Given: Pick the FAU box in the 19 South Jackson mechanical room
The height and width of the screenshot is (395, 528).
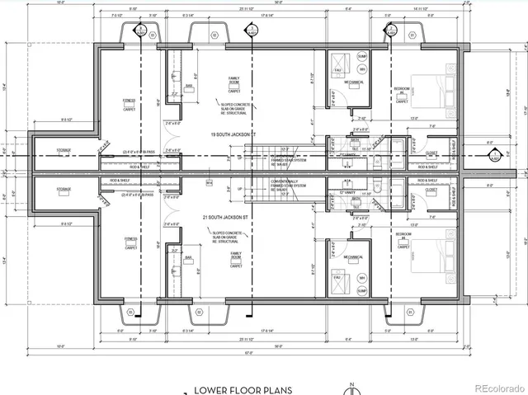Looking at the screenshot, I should (337, 72).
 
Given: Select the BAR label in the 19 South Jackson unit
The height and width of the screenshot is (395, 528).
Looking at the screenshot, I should (188, 85).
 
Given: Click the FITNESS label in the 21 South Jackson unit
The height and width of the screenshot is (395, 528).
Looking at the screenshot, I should (130, 239).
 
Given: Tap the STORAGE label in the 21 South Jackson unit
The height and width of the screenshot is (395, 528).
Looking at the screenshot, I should (64, 189).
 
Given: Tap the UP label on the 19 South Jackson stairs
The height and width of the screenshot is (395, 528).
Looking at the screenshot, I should (241, 154).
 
